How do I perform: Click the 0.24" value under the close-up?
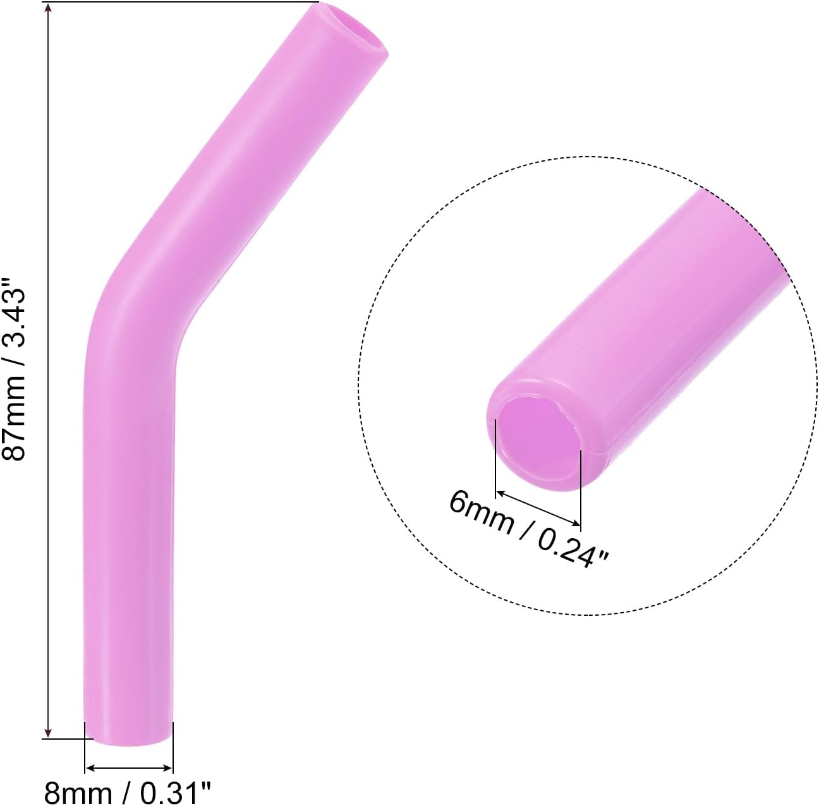coord(572,544)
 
